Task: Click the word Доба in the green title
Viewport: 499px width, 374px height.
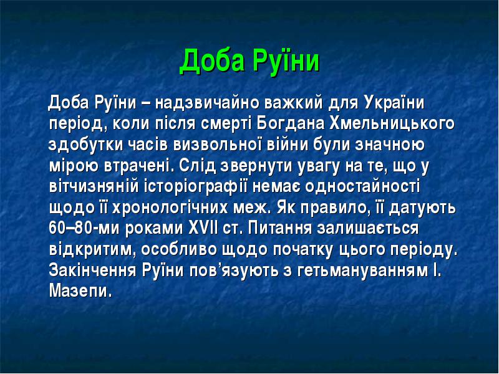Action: (212, 60)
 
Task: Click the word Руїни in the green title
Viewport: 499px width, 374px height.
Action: (286, 60)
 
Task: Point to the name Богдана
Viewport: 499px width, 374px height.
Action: (291, 124)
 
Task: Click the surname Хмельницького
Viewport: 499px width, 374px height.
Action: (392, 124)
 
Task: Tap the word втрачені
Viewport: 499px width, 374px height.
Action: (140, 166)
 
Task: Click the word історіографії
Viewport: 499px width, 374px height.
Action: (195, 186)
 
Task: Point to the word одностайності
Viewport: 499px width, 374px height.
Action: (363, 186)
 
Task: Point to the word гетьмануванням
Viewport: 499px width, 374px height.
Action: (363, 271)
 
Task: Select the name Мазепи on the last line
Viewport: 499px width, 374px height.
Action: (80, 290)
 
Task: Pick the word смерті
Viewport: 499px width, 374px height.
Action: (226, 124)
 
